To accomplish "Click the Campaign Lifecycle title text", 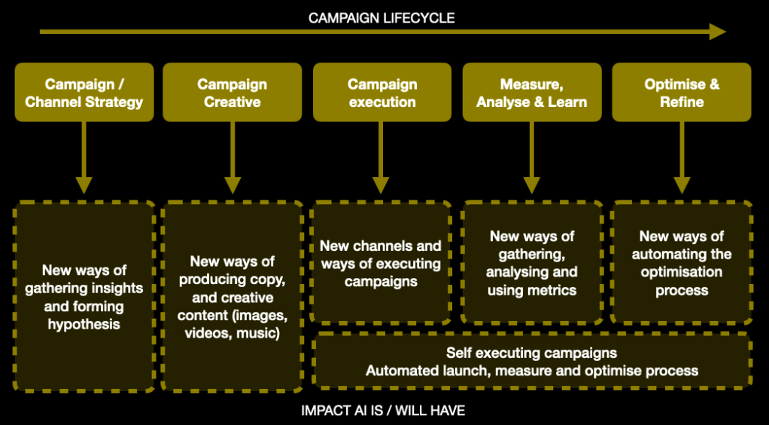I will click(x=381, y=17).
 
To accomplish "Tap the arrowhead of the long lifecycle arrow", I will click(x=716, y=32).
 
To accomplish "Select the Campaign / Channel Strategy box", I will click(x=84, y=93).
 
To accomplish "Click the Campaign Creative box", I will click(x=233, y=93).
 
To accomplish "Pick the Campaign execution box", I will click(x=381, y=93).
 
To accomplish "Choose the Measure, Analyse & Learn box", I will click(x=531, y=93).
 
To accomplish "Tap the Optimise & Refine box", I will click(x=681, y=93).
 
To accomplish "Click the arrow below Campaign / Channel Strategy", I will click(x=84, y=158).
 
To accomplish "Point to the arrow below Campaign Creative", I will click(x=233, y=158).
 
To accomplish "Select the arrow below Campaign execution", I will click(x=381, y=158).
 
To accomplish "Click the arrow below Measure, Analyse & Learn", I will click(x=531, y=158).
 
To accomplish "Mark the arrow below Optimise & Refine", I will click(x=681, y=158).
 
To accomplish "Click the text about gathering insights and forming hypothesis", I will click(x=84, y=297).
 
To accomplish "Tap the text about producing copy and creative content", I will click(x=233, y=297).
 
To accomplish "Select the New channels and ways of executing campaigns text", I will click(x=381, y=264).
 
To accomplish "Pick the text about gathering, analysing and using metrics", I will click(x=531, y=264).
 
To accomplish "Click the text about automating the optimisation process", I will click(x=681, y=264).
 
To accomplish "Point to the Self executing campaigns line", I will click(x=531, y=353).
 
